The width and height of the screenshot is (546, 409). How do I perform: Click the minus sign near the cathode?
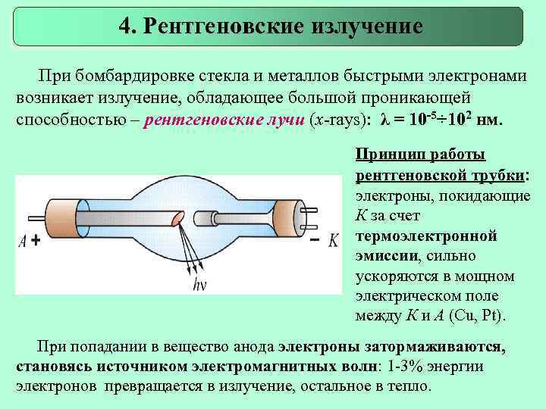314,240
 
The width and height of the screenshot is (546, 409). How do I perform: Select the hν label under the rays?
201,285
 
